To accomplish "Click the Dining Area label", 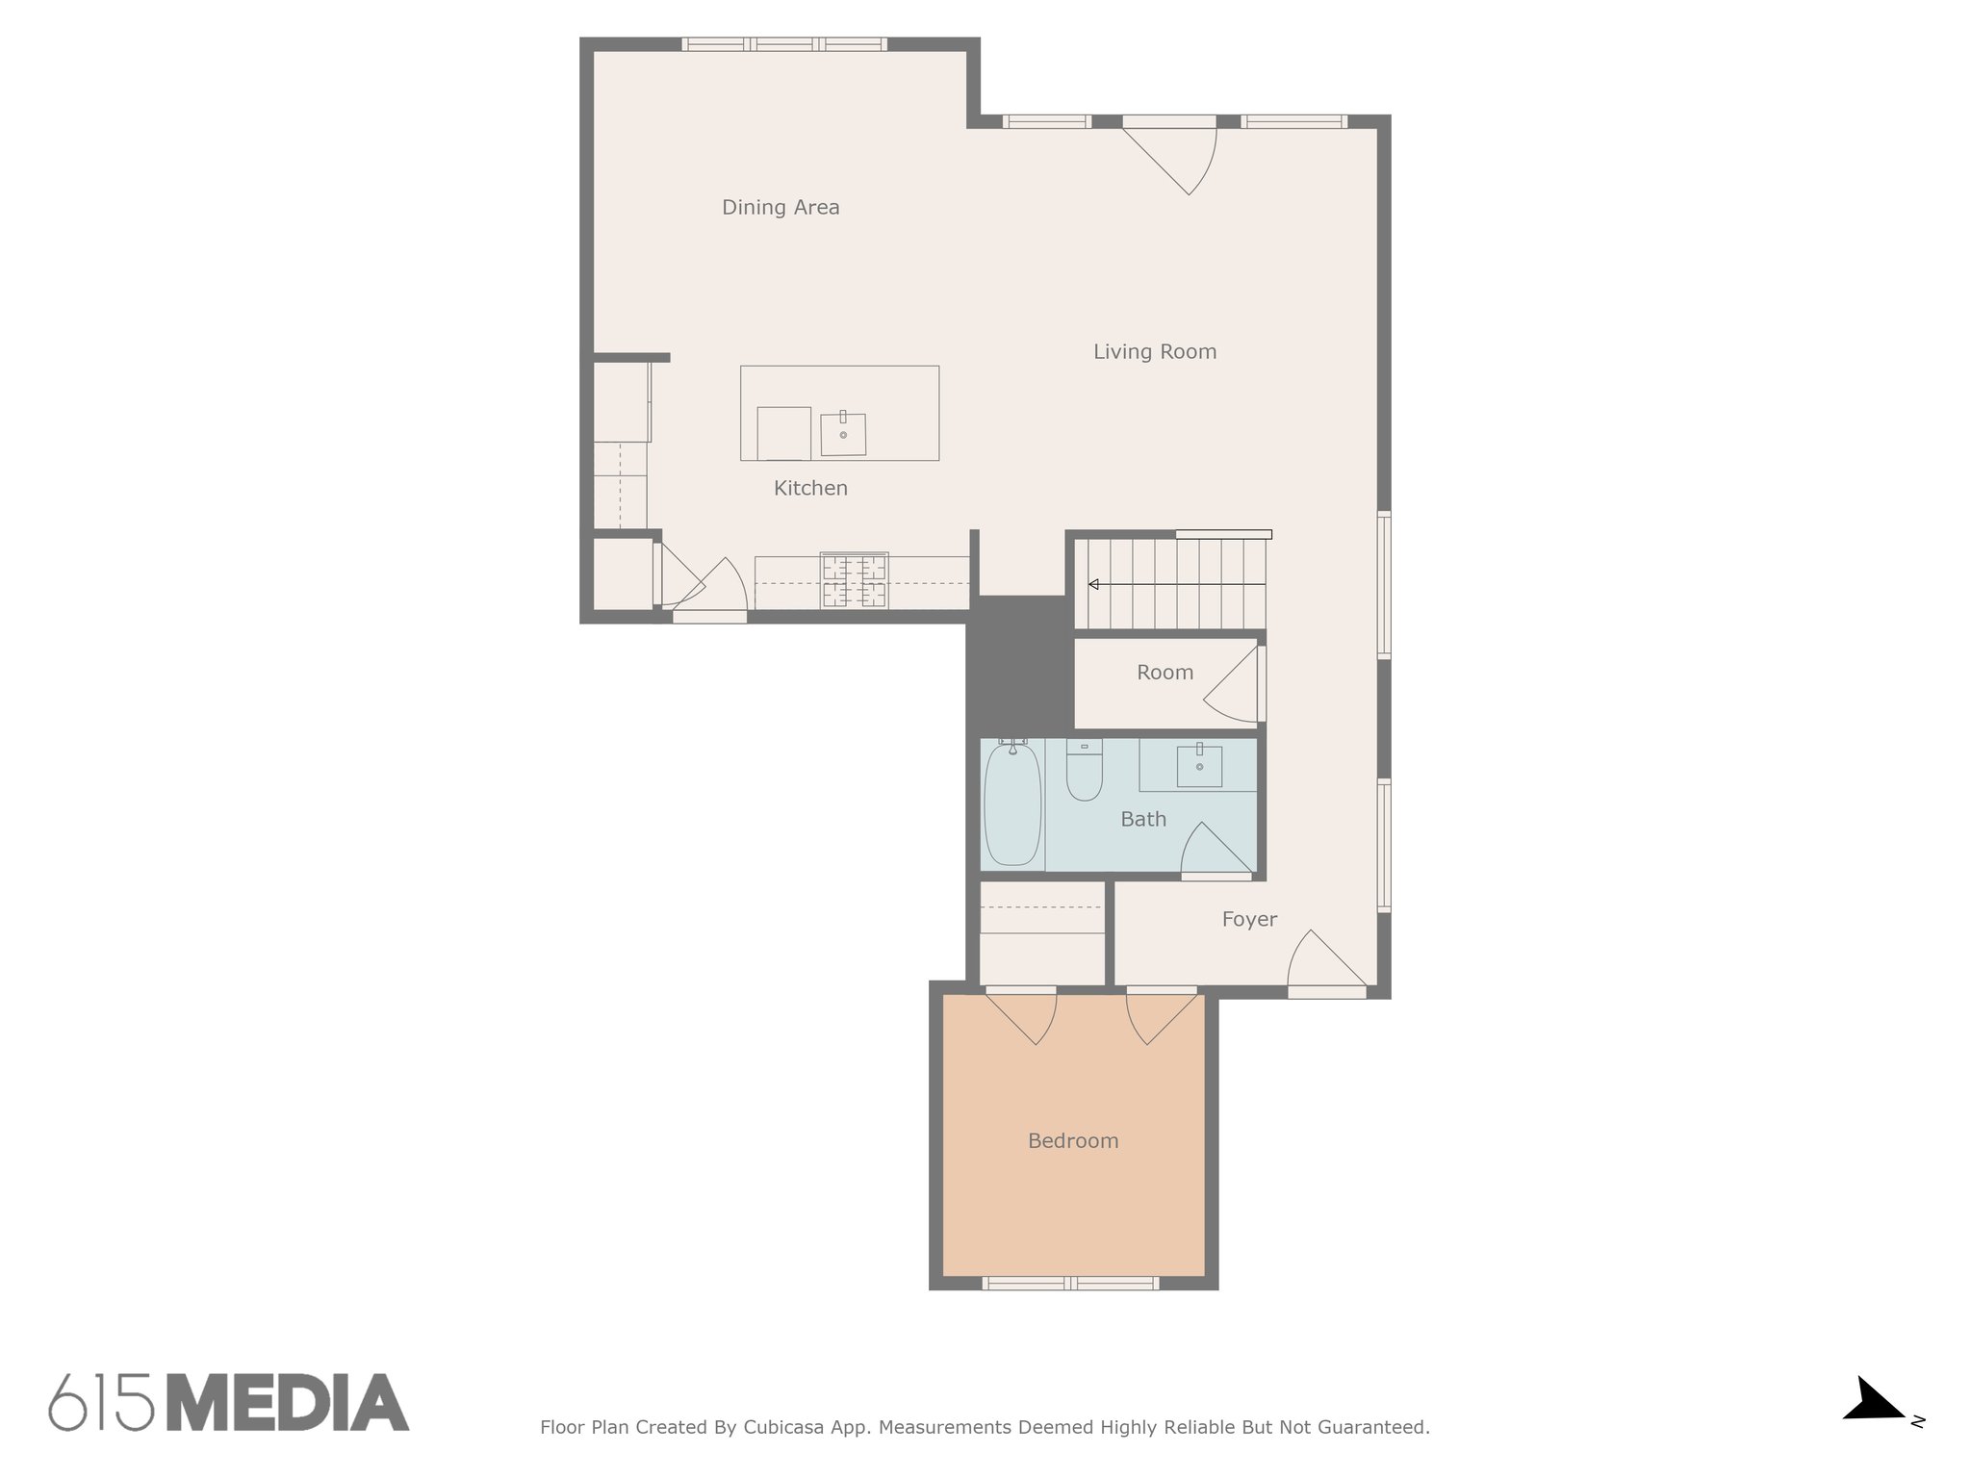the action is (781, 207).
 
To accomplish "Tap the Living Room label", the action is (1155, 352).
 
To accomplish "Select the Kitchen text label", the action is (810, 488).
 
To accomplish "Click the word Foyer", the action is (1249, 919).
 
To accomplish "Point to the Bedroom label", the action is (1073, 1140).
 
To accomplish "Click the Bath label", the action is (1143, 819).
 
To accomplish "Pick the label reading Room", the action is (1165, 673).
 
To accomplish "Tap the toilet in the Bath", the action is (1085, 771).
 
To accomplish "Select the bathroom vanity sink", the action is (1199, 766).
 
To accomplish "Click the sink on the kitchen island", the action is (843, 433).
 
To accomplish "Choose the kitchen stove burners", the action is (854, 580).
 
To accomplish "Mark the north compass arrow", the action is (1877, 1401).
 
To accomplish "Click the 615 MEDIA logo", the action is (229, 1402).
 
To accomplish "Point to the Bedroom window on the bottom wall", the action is (1070, 1283).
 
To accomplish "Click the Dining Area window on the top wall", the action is (784, 43).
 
